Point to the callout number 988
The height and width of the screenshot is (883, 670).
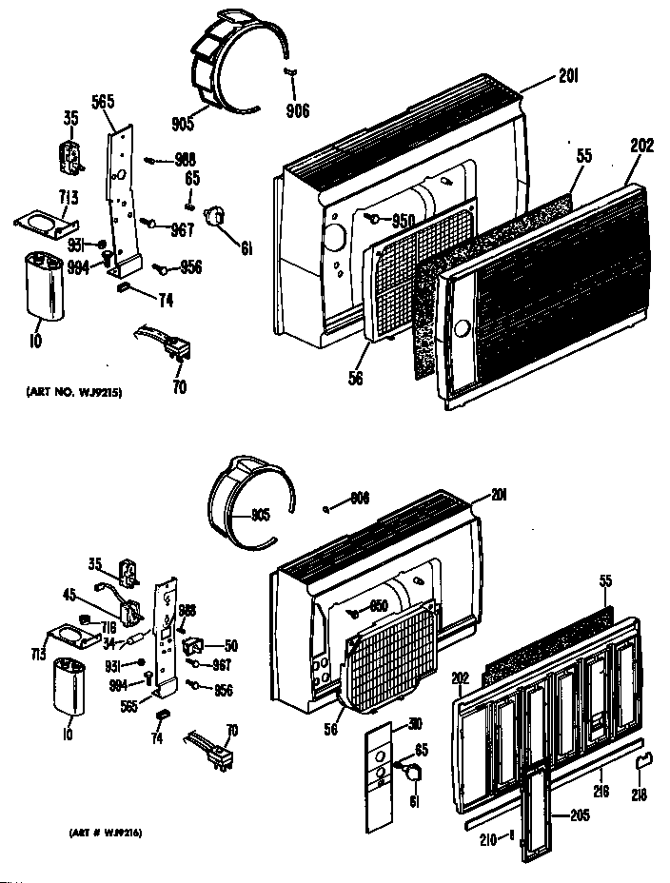pos(184,160)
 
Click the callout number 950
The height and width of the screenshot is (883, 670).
pos(404,223)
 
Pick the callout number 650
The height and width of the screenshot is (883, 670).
pos(378,606)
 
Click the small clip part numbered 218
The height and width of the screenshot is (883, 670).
pos(645,757)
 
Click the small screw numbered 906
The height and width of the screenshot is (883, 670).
pos(286,71)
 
